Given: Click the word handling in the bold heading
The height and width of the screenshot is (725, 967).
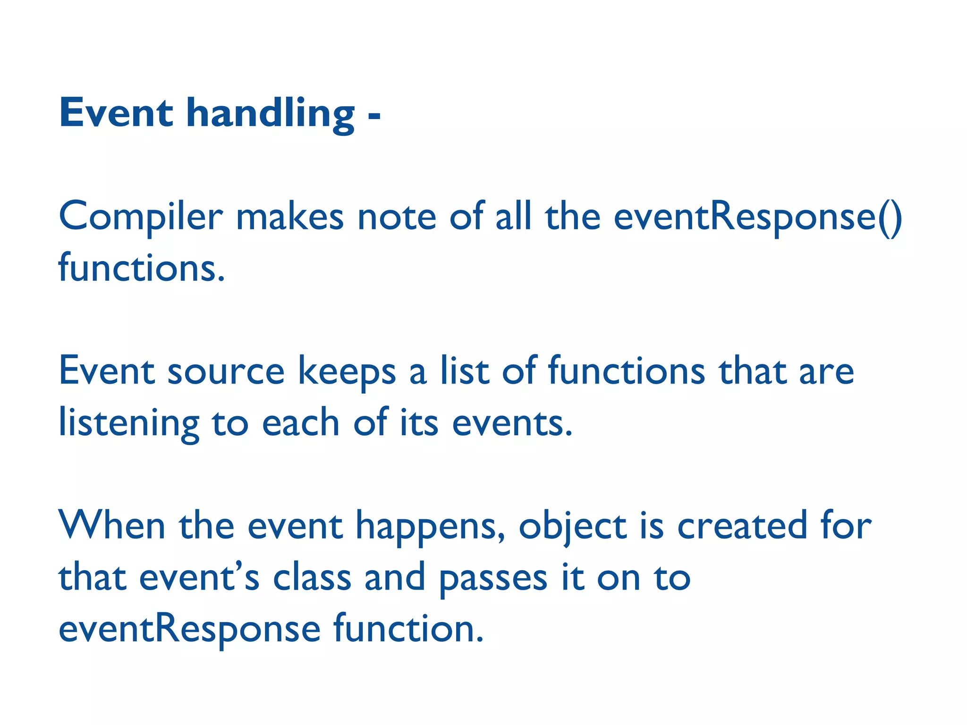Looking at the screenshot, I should (x=270, y=114).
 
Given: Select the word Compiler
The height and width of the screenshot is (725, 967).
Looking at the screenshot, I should (x=140, y=217).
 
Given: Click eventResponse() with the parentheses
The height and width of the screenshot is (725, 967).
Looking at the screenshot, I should (x=758, y=217).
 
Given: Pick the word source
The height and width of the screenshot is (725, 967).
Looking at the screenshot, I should (x=226, y=371).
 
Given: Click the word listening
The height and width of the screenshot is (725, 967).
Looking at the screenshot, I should (x=128, y=423).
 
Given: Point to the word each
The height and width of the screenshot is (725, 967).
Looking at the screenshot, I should (x=301, y=422).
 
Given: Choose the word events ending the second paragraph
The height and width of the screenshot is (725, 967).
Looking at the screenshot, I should (x=512, y=422).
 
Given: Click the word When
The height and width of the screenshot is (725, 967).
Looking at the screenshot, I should (x=111, y=525).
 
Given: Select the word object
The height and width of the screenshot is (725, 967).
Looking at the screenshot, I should (x=572, y=526).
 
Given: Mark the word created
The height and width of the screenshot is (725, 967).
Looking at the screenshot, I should (x=742, y=525).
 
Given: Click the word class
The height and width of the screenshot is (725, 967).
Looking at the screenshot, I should (x=312, y=577).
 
